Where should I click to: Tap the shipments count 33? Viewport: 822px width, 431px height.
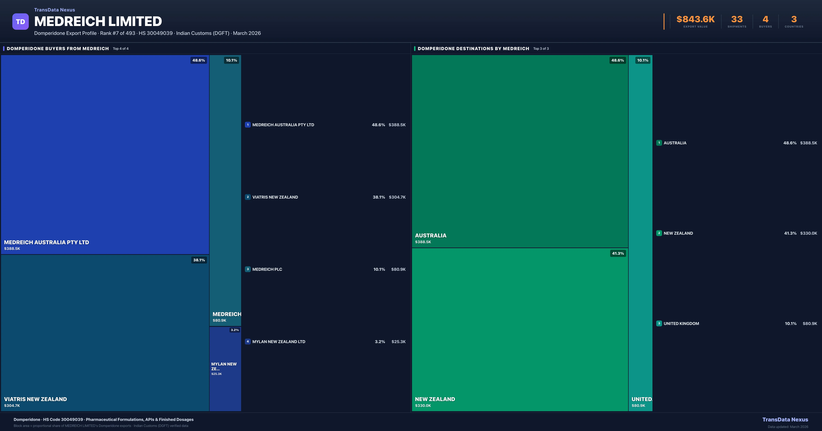(x=737, y=19)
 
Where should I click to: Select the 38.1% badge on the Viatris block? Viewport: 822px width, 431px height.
(x=199, y=260)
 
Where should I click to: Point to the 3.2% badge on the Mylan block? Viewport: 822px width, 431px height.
(x=235, y=330)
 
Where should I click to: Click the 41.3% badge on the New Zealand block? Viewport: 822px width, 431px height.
(x=618, y=253)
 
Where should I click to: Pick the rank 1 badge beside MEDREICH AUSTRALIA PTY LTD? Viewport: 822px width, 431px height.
(x=248, y=125)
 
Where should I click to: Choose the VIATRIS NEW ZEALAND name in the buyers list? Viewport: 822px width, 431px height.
(x=275, y=197)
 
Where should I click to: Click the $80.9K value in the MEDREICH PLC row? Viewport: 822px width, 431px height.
(x=398, y=269)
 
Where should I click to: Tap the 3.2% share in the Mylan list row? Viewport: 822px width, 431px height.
(x=380, y=342)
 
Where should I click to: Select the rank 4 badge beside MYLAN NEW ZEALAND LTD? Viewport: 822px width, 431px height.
(x=248, y=341)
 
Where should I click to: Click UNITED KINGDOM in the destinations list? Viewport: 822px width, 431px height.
(x=681, y=324)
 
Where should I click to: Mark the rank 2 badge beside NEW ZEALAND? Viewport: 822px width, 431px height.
(x=659, y=233)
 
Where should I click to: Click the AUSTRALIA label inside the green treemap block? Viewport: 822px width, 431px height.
(x=431, y=236)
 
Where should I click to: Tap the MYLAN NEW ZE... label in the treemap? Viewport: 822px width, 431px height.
(x=224, y=366)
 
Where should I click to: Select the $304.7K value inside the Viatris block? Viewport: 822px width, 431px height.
(x=12, y=406)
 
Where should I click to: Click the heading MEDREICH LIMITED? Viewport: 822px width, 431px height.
(x=98, y=21)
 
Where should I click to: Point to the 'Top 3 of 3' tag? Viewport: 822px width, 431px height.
(x=541, y=49)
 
